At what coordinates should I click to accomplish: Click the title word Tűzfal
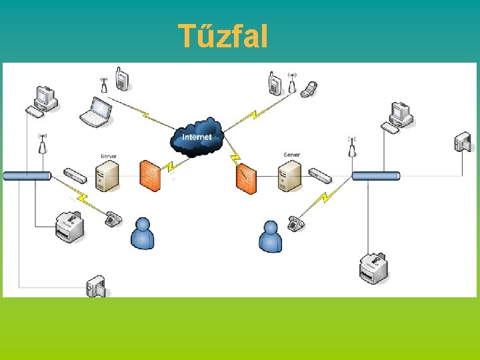223,36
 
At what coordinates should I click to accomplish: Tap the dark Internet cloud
196,137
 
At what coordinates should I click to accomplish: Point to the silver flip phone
309,89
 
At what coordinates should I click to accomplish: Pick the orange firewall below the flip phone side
245,178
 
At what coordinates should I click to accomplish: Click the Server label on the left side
108,156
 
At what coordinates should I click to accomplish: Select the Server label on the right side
291,155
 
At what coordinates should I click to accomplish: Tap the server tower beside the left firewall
108,175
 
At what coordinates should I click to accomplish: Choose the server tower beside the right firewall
290,175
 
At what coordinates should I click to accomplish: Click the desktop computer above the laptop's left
45,101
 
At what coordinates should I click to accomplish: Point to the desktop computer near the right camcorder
400,116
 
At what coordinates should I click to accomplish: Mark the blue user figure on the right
271,237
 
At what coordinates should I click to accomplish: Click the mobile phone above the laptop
121,79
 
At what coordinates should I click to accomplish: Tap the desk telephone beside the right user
295,223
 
